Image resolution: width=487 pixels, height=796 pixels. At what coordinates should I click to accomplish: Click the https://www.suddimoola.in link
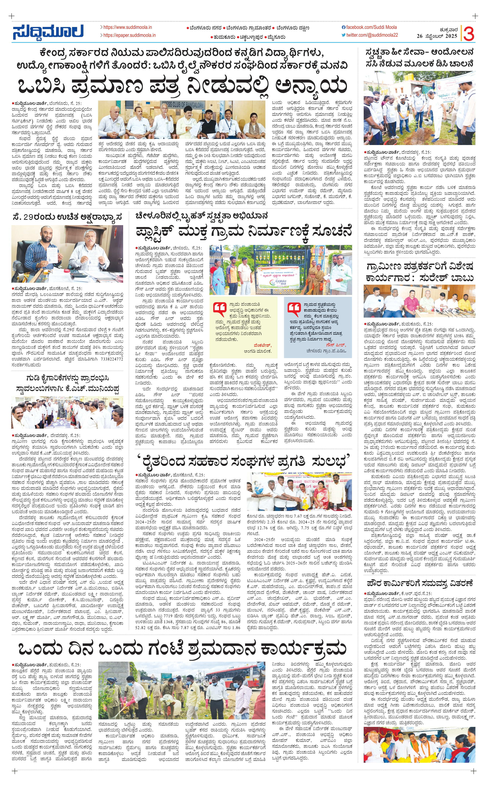127,27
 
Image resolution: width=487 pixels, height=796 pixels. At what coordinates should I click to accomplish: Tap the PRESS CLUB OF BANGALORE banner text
183,105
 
